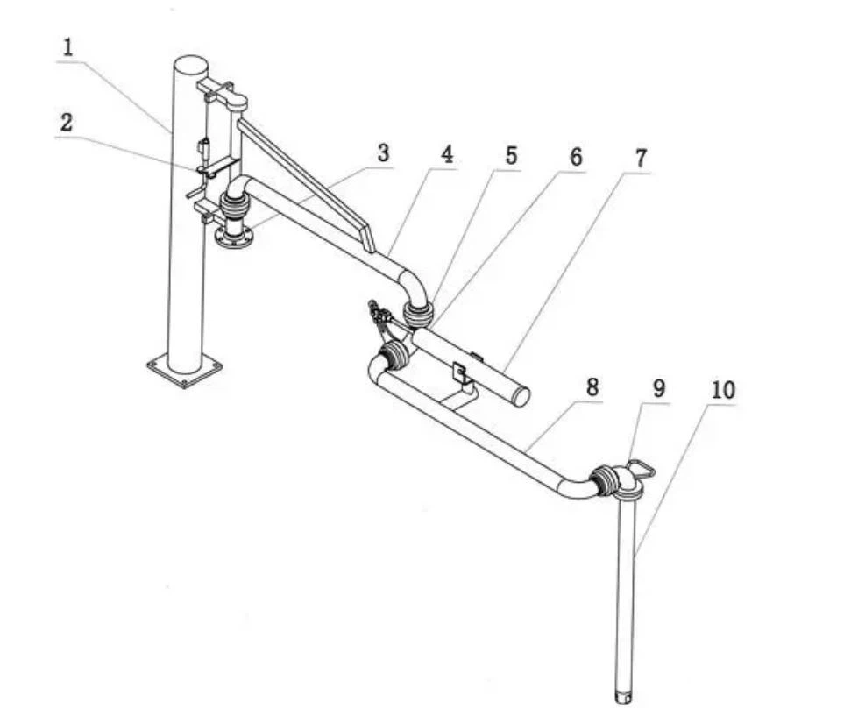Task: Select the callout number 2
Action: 66,123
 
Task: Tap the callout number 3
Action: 383,152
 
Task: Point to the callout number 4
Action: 447,155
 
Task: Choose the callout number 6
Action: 575,157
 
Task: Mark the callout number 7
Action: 640,159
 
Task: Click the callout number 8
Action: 593,387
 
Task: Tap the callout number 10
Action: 723,390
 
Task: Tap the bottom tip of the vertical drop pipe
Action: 626,696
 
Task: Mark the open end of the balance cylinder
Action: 521,397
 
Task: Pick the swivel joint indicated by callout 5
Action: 417,313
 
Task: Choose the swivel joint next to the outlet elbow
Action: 604,481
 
